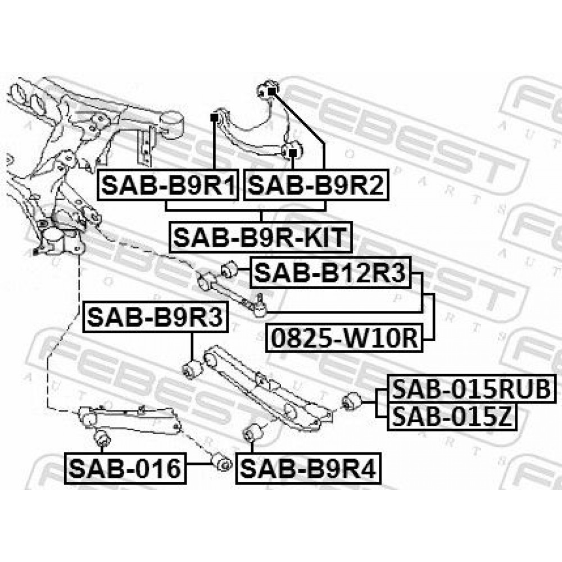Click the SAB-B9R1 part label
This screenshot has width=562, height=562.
tap(167, 185)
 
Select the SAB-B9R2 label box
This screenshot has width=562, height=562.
tap(316, 185)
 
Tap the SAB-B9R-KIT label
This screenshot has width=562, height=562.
tap(261, 237)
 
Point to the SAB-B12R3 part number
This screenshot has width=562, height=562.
tap(330, 273)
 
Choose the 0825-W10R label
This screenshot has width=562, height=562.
tap(345, 337)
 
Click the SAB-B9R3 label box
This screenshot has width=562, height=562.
tap(155, 317)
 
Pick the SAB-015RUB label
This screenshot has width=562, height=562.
tap(472, 388)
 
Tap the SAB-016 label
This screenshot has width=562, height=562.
tap(125, 468)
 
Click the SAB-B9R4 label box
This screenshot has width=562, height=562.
tap(308, 468)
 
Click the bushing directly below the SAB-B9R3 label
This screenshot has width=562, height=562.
tap(192, 369)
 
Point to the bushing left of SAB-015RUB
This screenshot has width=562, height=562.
tap(351, 401)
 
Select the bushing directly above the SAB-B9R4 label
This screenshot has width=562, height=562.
tap(252, 433)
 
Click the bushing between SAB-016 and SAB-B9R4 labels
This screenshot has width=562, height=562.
tap(221, 464)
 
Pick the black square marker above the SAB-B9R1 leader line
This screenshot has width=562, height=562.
tap(214, 117)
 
